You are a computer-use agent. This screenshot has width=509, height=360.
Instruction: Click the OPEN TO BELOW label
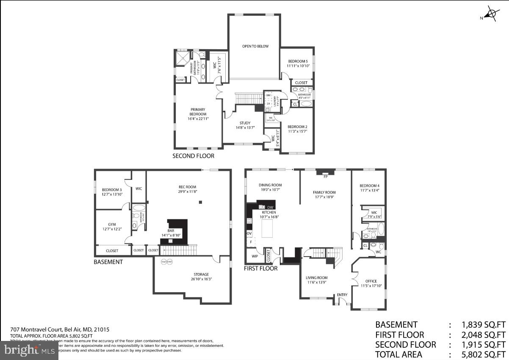click(x=255, y=46)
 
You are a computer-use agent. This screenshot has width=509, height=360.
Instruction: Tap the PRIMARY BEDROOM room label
click(x=198, y=112)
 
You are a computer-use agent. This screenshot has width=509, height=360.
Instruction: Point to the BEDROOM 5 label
click(x=298, y=61)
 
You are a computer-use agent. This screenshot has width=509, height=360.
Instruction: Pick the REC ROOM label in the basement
click(x=188, y=187)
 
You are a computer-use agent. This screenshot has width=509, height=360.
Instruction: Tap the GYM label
click(x=112, y=224)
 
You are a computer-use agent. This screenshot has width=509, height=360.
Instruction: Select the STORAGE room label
click(x=202, y=274)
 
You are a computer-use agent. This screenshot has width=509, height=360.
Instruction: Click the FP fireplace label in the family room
click(x=325, y=177)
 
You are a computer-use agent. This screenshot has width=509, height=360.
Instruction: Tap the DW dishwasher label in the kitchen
click(x=270, y=207)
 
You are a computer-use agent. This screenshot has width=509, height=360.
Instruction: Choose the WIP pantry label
click(x=255, y=256)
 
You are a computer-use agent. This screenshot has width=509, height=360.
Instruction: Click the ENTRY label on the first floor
click(x=342, y=295)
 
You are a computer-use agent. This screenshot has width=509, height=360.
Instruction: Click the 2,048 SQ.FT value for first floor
click(x=483, y=335)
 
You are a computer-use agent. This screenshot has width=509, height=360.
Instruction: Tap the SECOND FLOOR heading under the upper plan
click(x=193, y=156)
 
